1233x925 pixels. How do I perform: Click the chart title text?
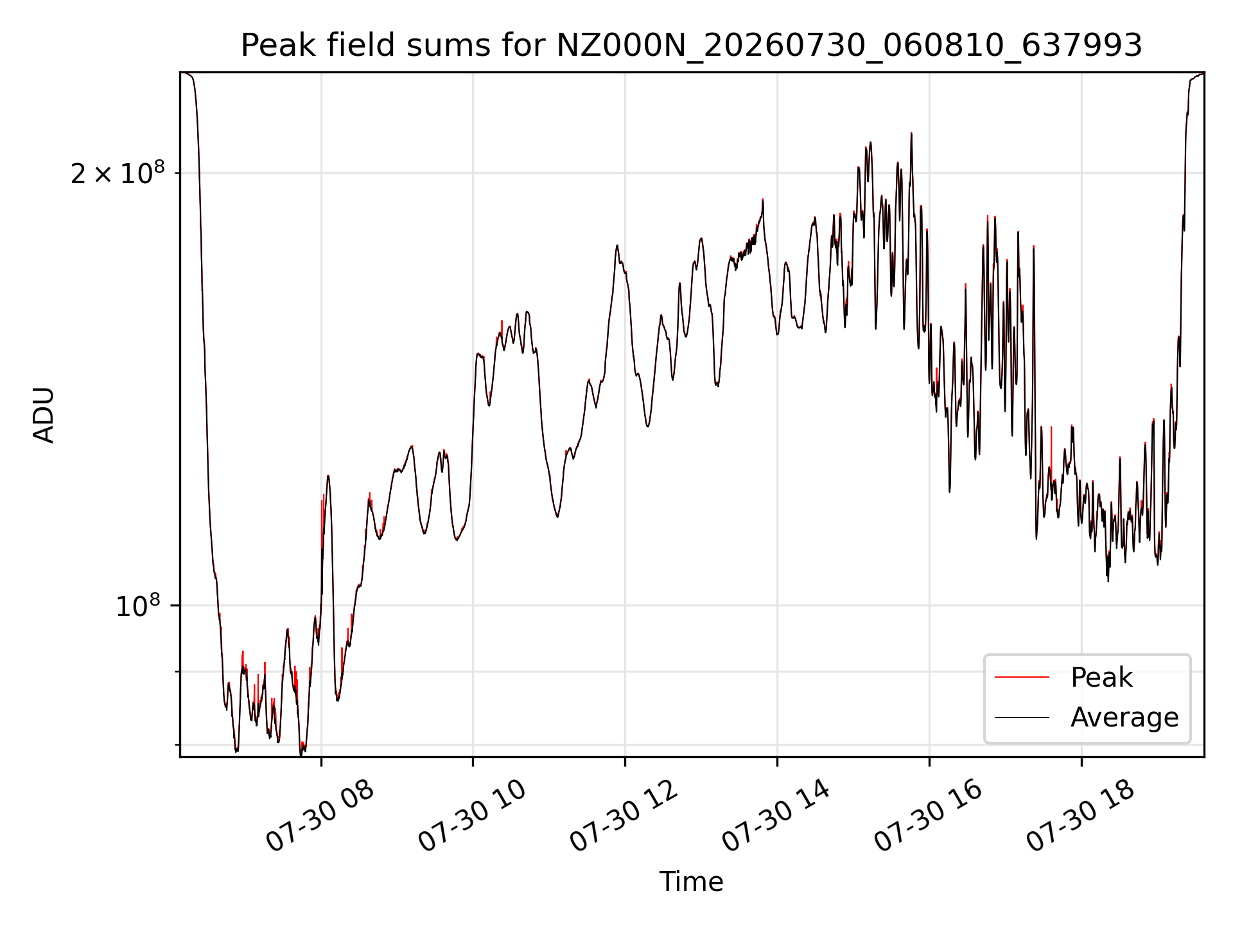(x=692, y=46)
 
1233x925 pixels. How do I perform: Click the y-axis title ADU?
(x=44, y=415)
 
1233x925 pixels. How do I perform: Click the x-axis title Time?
(x=692, y=882)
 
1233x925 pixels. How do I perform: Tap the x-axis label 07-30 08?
(x=320, y=816)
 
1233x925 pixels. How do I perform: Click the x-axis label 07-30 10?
(x=472, y=816)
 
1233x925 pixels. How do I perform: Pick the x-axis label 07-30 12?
(x=624, y=816)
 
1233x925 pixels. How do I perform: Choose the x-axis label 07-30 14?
(x=776, y=816)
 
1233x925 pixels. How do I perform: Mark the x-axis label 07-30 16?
(x=929, y=816)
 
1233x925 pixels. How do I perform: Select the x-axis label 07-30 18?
(x=1081, y=816)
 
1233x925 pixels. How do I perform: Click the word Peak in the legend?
(x=1101, y=678)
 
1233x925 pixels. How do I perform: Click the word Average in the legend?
(x=1124, y=718)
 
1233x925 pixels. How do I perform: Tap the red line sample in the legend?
(x=1022, y=678)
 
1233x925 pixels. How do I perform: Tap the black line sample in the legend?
(x=1022, y=718)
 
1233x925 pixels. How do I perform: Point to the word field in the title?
(x=352, y=46)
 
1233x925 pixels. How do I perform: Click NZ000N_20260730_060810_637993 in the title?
(x=849, y=46)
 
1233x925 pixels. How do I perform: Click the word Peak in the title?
(x=278, y=46)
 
